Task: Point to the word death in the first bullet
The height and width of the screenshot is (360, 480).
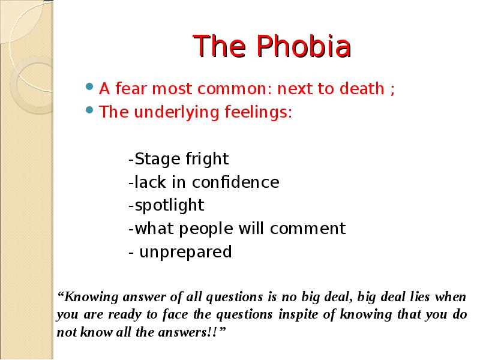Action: (362, 89)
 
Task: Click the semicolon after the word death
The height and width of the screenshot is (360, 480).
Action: (392, 90)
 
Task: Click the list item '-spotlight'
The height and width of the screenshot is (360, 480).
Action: (166, 205)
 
